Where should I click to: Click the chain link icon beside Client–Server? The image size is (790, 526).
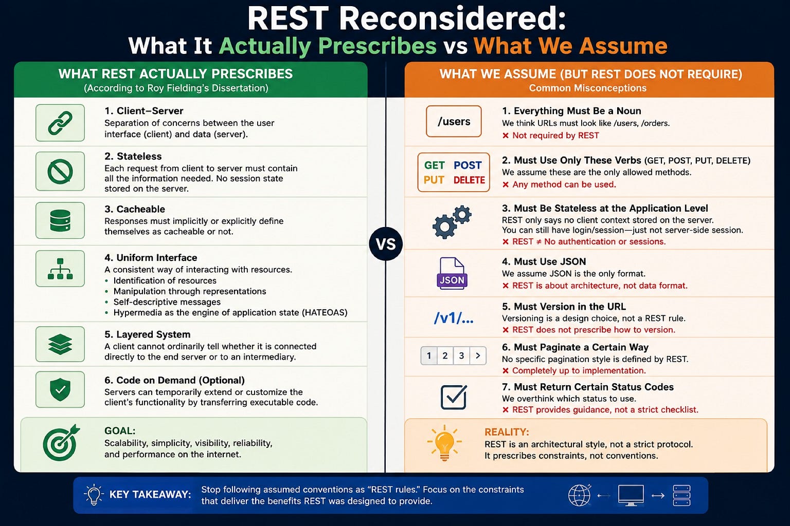(x=60, y=123)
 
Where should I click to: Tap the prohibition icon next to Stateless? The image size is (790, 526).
(x=60, y=172)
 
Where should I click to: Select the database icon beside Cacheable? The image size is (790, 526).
(x=60, y=220)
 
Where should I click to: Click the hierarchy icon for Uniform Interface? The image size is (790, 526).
(x=60, y=269)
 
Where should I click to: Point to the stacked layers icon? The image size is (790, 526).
(x=60, y=344)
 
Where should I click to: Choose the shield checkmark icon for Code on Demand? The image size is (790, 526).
(x=60, y=389)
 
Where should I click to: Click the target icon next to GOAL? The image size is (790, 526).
(x=61, y=443)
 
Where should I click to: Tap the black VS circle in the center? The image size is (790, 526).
(x=386, y=244)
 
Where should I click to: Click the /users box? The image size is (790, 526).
(x=454, y=121)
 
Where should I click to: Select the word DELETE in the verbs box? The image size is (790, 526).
(x=469, y=180)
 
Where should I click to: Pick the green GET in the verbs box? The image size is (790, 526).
(x=434, y=165)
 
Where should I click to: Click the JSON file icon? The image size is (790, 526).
(x=452, y=273)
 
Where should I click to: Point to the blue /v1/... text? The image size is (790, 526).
(x=454, y=318)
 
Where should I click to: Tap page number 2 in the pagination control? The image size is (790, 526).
(x=445, y=355)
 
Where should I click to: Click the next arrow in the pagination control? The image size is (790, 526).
(x=478, y=355)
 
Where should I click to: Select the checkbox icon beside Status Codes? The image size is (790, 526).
(x=454, y=397)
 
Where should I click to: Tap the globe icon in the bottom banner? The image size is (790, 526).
(x=580, y=495)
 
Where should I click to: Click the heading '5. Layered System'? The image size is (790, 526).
(x=148, y=334)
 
